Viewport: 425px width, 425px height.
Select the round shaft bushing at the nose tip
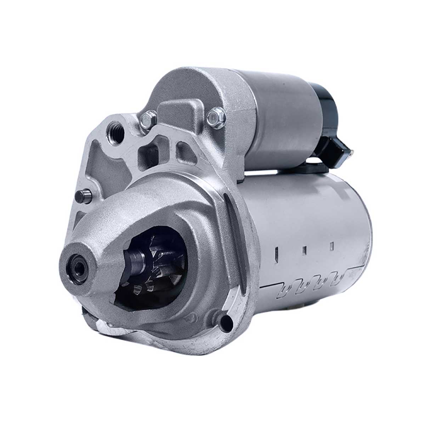coord(76,262)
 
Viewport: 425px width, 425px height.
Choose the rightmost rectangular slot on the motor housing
coord(332,245)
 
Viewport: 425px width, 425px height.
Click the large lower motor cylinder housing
coord(312,220)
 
